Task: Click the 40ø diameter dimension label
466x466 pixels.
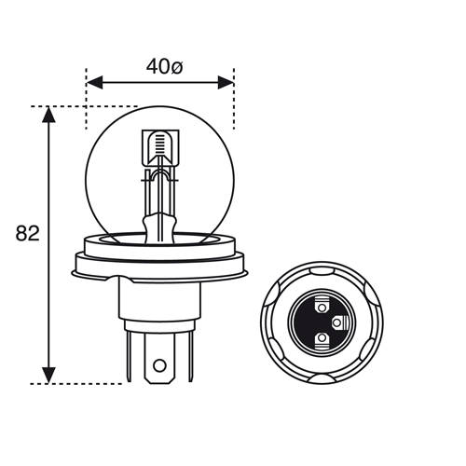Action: pyautogui.click(x=164, y=67)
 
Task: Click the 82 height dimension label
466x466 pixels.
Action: pyautogui.click(x=28, y=233)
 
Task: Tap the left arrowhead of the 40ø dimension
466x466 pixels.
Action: pyautogui.click(x=94, y=82)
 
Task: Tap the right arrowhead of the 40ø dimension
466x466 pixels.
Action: pyautogui.click(x=226, y=82)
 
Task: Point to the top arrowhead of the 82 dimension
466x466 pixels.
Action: pyautogui.click(x=48, y=115)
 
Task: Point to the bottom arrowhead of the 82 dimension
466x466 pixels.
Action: pyautogui.click(x=48, y=376)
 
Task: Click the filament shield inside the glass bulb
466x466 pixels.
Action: pyautogui.click(x=160, y=148)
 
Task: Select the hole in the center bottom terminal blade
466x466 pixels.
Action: pyautogui.click(x=159, y=365)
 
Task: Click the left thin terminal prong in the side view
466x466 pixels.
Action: pyautogui.click(x=129, y=356)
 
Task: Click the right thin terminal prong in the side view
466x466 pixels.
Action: pyautogui.click(x=190, y=356)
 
